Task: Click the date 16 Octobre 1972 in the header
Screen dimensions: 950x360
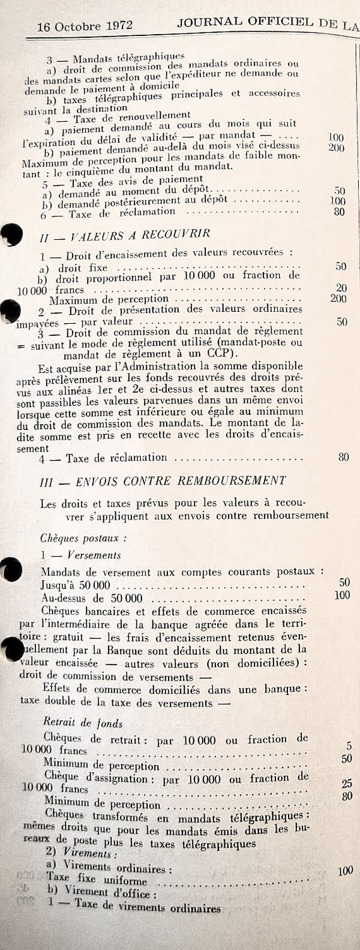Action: pyautogui.click(x=85, y=26)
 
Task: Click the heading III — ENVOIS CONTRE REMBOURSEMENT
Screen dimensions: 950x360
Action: pyautogui.click(x=163, y=481)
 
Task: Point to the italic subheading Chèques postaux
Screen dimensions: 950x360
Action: pyautogui.click(x=75, y=539)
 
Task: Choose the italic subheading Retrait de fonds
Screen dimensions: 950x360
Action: pyautogui.click(x=83, y=723)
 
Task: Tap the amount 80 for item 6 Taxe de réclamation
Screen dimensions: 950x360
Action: pyautogui.click(x=339, y=212)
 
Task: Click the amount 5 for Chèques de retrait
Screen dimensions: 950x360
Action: pyautogui.click(x=349, y=747)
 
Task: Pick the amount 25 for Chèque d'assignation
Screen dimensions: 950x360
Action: pyautogui.click(x=346, y=784)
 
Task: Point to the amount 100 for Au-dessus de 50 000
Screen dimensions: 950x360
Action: pyautogui.click(x=342, y=596)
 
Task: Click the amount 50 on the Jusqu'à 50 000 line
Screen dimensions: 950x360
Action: pyautogui.click(x=344, y=582)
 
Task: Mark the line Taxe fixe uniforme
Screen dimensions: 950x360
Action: pyautogui.click(x=97, y=880)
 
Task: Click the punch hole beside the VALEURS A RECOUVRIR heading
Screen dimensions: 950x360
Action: pyautogui.click(x=11, y=235)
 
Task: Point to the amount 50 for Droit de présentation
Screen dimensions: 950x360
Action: pyautogui.click(x=341, y=322)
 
